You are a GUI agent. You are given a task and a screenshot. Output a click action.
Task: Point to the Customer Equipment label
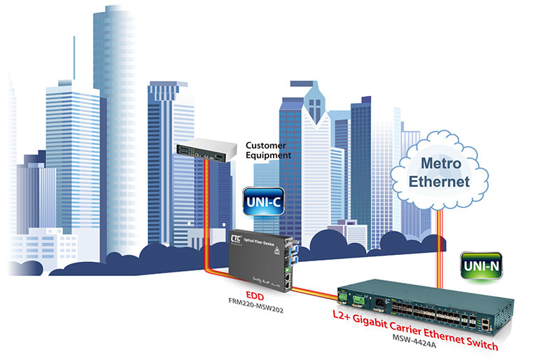(x=268, y=151)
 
